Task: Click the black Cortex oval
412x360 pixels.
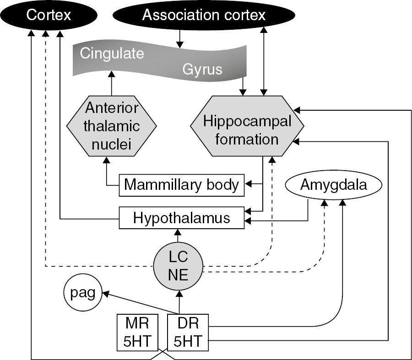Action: click(x=49, y=16)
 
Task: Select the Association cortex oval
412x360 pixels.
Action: click(x=204, y=16)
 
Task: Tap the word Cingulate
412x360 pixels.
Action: click(x=112, y=54)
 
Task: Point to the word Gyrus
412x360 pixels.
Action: click(x=202, y=70)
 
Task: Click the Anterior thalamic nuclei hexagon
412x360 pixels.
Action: click(x=112, y=125)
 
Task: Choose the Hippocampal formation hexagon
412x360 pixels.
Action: click(x=247, y=130)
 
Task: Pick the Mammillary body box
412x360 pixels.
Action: click(x=181, y=184)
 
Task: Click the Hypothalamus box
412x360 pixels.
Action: click(x=181, y=218)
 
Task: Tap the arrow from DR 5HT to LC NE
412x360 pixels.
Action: click(x=179, y=302)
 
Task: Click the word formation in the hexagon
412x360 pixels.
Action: click(x=247, y=138)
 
